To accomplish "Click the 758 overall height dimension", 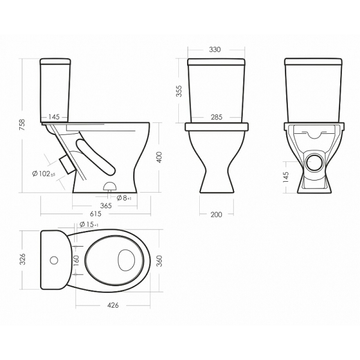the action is click(x=22, y=125).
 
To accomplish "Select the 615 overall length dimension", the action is click(x=95, y=214).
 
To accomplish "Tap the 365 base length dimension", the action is click(x=106, y=206).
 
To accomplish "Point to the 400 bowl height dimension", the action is click(x=159, y=157).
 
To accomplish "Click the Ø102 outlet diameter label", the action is click(x=44, y=174).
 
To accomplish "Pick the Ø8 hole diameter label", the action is click(x=124, y=198).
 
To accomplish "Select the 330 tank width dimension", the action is click(x=215, y=50).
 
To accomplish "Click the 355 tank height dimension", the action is click(x=179, y=91).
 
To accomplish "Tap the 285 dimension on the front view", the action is click(x=217, y=117).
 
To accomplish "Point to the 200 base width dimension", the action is click(x=217, y=215).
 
